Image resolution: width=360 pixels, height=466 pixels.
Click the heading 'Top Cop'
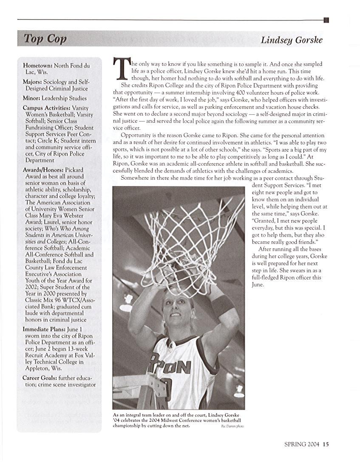click(45, 39)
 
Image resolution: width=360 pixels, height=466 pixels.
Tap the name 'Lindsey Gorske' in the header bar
click(292, 40)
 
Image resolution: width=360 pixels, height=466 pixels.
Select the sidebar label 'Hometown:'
click(38, 66)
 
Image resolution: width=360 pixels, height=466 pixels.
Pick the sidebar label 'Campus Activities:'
click(47, 108)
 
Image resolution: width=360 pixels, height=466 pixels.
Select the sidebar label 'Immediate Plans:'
click(44, 329)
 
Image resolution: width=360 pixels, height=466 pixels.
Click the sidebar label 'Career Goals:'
click(40, 378)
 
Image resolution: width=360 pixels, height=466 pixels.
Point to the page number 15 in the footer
click(326, 445)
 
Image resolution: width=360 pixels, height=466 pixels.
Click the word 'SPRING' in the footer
click(295, 445)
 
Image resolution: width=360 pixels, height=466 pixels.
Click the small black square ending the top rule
click(326, 20)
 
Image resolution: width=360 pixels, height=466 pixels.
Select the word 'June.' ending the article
click(258, 284)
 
